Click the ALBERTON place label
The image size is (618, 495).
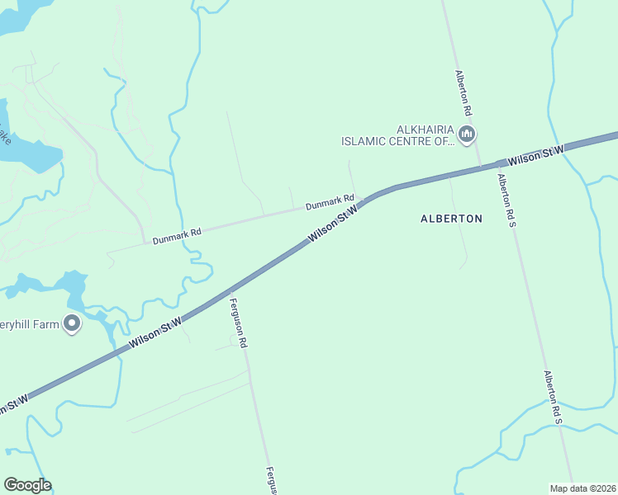click(451, 219)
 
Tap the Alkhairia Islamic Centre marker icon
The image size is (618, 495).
click(468, 134)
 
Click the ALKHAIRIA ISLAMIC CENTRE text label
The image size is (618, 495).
click(398, 135)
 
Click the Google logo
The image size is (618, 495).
click(27, 485)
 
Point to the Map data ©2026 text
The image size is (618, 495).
click(583, 488)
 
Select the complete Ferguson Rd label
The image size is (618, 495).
click(239, 322)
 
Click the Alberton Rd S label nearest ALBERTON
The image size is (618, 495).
click(506, 197)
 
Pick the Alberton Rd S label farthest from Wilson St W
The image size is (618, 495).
click(553, 398)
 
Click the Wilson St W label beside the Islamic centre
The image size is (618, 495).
click(535, 153)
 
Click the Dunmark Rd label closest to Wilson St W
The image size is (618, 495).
click(330, 200)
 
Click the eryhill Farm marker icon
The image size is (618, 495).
click(72, 323)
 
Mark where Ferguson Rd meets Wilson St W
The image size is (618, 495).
click(228, 292)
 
